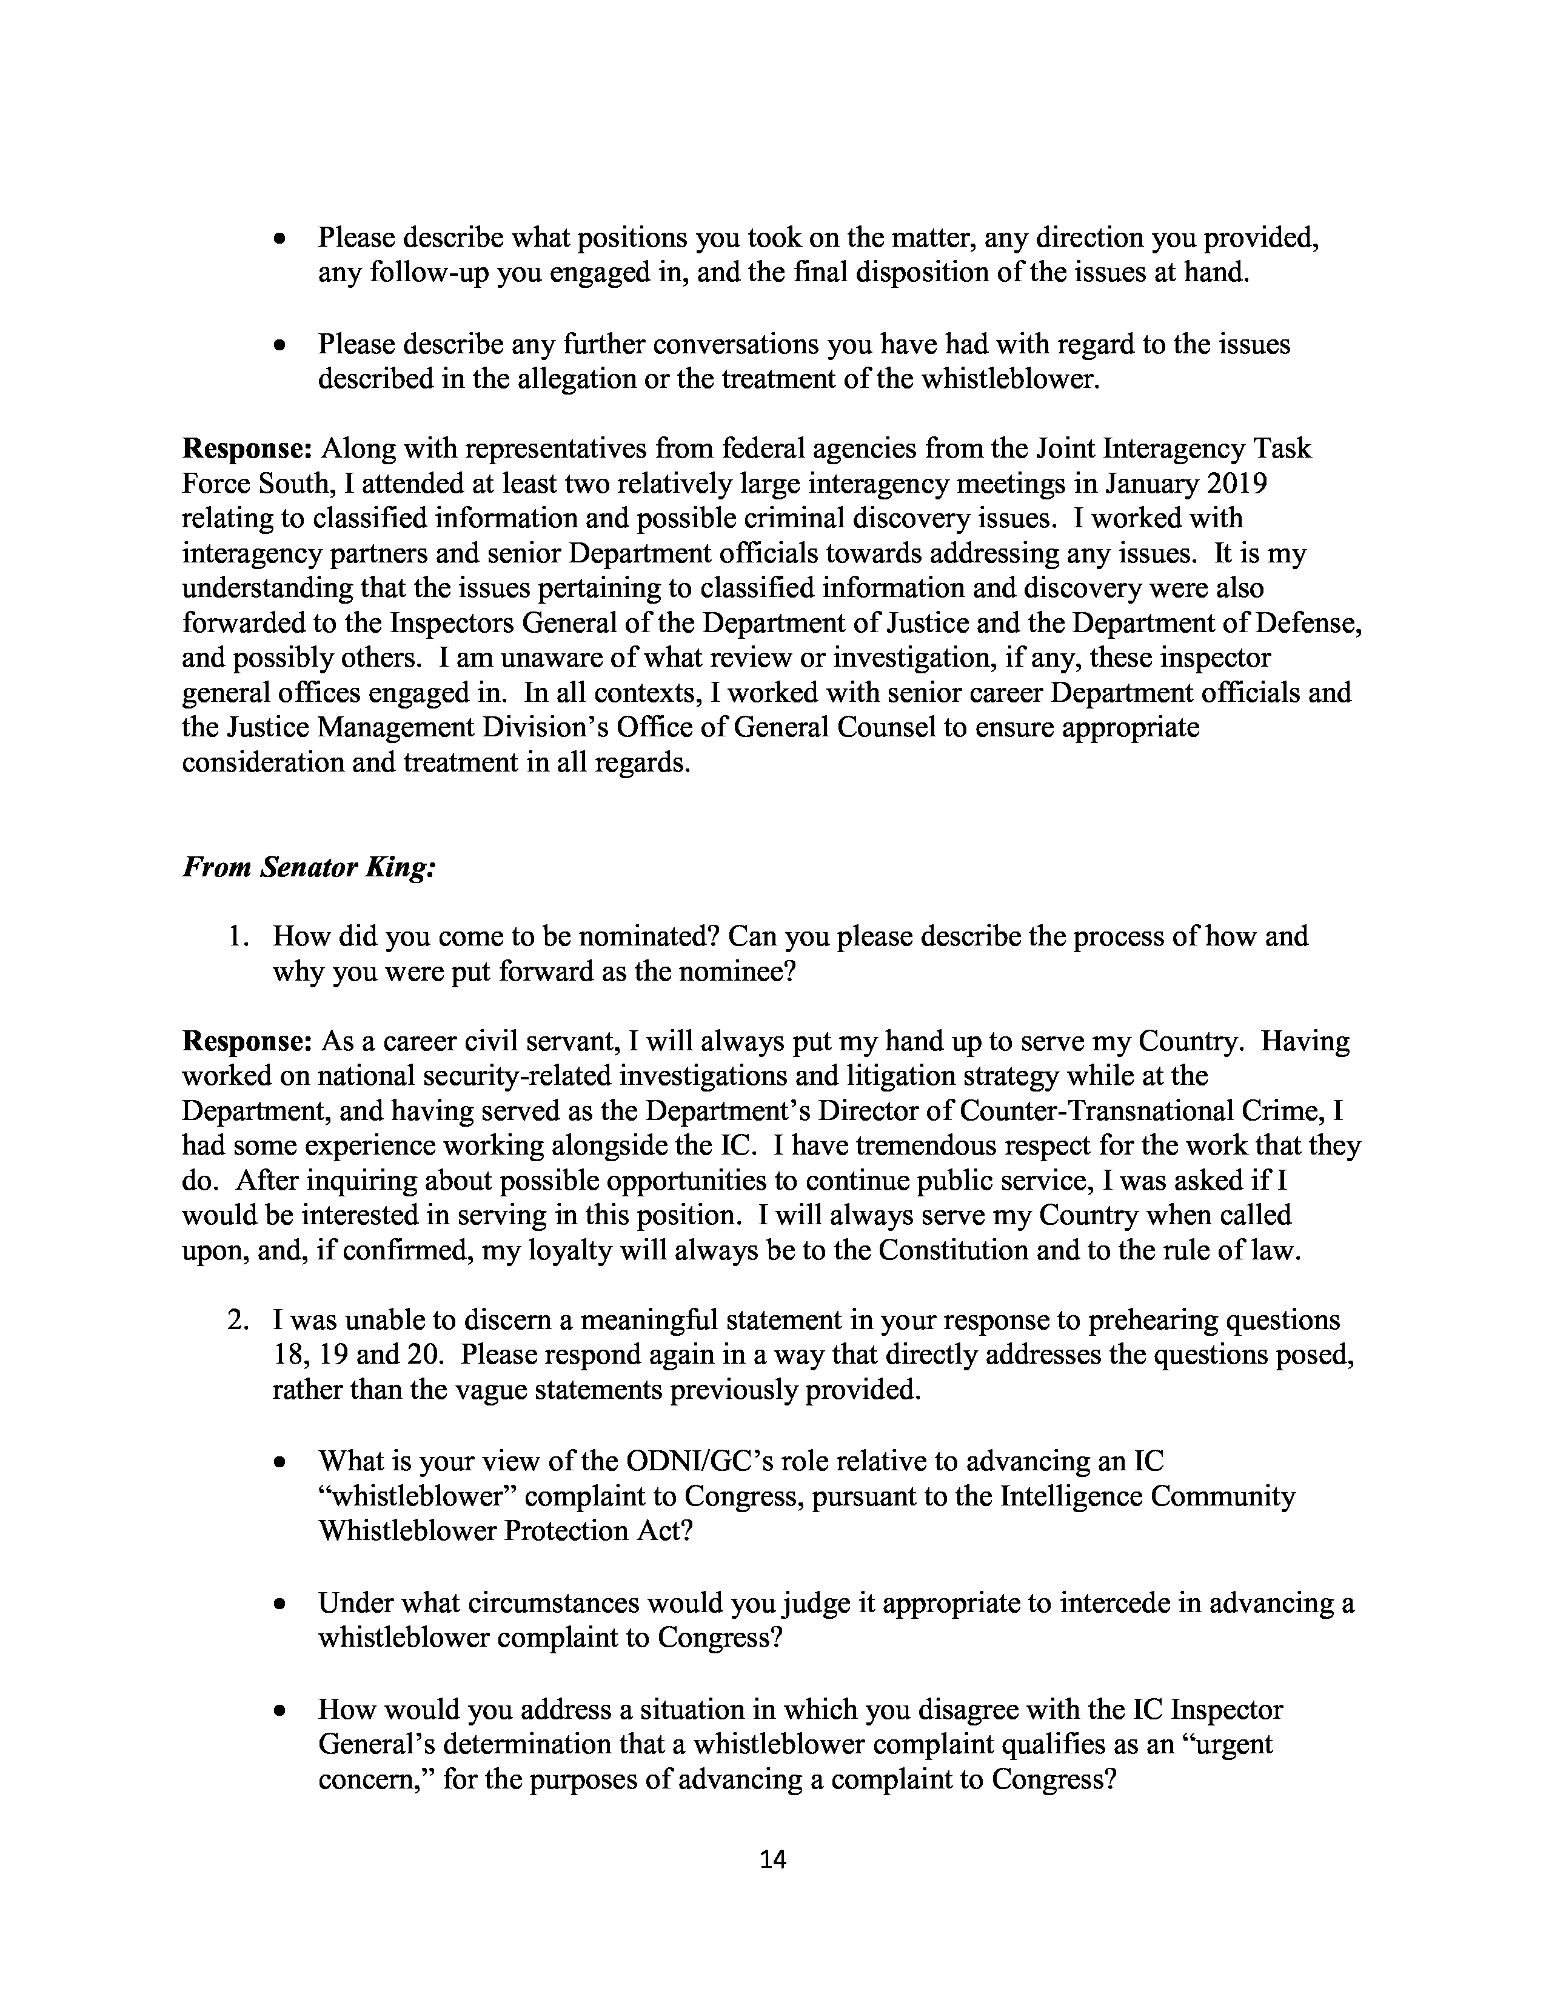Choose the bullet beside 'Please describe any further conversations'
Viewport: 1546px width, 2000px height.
[x=281, y=346]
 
